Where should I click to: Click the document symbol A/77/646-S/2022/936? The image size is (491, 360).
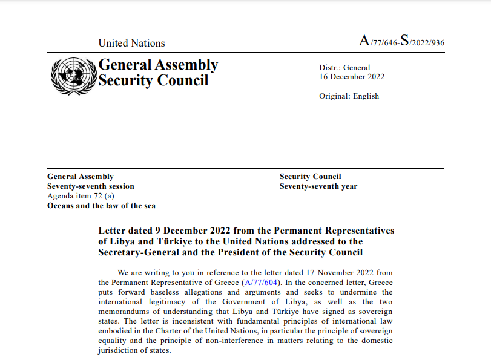pyautogui.click(x=401, y=41)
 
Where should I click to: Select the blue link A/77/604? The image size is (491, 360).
pyautogui.click(x=261, y=283)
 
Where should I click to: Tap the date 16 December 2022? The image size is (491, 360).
pyautogui.click(x=352, y=77)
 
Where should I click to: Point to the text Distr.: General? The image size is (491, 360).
pyautogui.click(x=344, y=68)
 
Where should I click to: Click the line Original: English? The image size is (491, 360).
pyautogui.click(x=349, y=96)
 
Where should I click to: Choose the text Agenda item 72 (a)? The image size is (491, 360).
pyautogui.click(x=81, y=196)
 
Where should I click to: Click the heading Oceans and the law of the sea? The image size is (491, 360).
pyautogui.click(x=101, y=206)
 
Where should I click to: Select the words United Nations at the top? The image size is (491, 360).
pyautogui.click(x=131, y=43)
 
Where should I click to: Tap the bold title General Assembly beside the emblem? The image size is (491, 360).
pyautogui.click(x=158, y=65)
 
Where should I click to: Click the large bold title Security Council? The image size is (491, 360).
pyautogui.click(x=153, y=80)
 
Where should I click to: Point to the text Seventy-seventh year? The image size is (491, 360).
pyautogui.click(x=318, y=186)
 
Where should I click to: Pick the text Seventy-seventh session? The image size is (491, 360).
pyautogui.click(x=91, y=186)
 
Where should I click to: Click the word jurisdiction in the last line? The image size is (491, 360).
pyautogui.click(x=120, y=350)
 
